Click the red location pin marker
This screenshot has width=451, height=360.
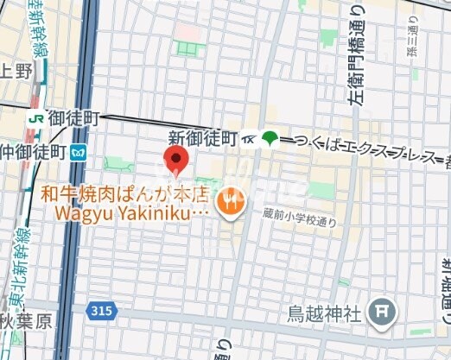(176, 160)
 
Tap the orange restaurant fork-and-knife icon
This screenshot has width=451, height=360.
(232, 202)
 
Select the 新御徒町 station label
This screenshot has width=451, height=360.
(202, 138)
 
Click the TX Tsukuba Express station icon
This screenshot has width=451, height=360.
(249, 138)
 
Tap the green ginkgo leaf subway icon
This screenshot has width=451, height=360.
(270, 138)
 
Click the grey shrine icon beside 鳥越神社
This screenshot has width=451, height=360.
(381, 313)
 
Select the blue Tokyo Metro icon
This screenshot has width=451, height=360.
(80, 153)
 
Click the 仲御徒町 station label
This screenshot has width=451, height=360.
(34, 153)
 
